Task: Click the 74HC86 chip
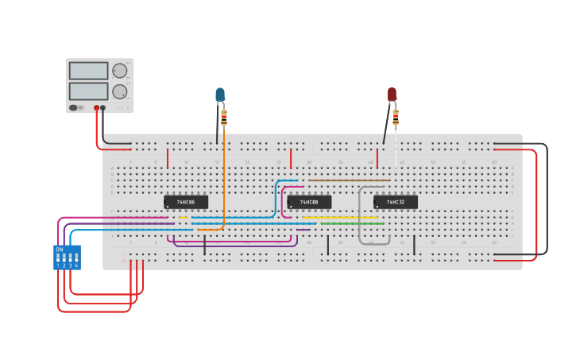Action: [x=185, y=202]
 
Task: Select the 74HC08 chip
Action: [x=309, y=202]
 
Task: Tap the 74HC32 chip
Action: [x=395, y=202]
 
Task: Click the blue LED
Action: [x=220, y=95]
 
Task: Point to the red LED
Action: [x=392, y=94]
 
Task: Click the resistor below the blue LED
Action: [x=224, y=118]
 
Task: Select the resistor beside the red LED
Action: [x=396, y=118]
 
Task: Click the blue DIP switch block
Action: [x=67, y=257]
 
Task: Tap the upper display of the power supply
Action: [x=88, y=71]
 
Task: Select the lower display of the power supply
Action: [x=88, y=91]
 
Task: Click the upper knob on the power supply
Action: [x=120, y=71]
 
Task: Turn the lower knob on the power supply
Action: [x=120, y=91]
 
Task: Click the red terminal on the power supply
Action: [x=97, y=107]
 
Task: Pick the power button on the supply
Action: [x=74, y=107]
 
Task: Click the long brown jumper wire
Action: [x=350, y=180]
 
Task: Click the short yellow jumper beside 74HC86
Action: [x=183, y=217]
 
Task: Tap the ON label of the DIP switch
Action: [x=59, y=250]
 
